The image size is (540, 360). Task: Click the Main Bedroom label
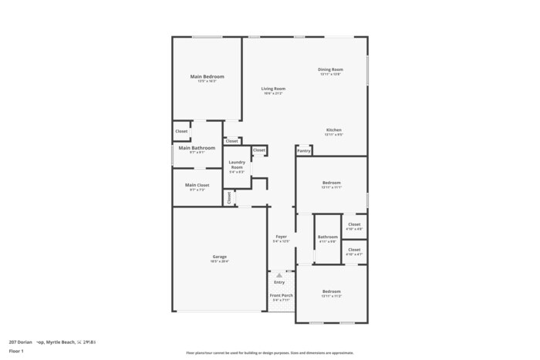click(208, 77)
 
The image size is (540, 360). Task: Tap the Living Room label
click(273, 89)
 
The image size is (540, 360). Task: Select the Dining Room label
click(330, 69)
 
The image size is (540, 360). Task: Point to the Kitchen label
click(333, 130)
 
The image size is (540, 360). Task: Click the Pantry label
click(304, 150)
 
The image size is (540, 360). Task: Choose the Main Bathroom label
click(197, 147)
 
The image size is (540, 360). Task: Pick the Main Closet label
click(197, 185)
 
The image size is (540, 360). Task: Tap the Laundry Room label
click(237, 164)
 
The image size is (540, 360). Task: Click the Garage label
click(220, 257)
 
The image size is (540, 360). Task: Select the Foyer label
click(281, 237)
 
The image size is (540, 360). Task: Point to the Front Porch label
click(281, 295)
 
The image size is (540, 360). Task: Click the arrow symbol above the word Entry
click(279, 274)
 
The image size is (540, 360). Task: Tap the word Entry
click(279, 282)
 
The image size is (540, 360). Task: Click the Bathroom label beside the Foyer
click(327, 237)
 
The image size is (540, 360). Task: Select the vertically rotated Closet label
click(229, 197)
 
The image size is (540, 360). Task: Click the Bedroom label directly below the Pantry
click(330, 183)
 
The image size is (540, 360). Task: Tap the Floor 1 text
click(17, 351)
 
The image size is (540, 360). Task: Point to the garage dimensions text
click(220, 261)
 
